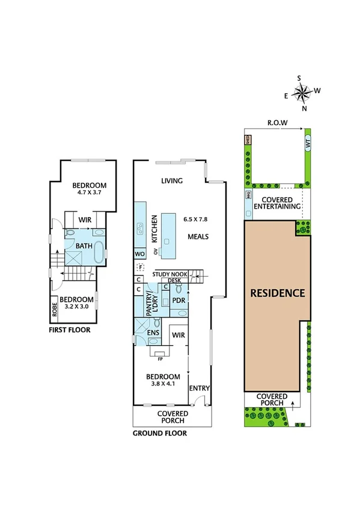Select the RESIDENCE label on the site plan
point(278,293)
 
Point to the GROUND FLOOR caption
point(159,432)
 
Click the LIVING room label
point(172,181)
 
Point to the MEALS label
point(197,236)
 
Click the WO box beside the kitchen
point(139,253)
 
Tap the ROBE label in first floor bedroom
point(54,306)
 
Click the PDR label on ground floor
point(178,300)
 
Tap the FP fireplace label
point(160,359)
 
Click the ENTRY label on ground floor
point(199,389)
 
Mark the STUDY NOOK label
point(171,274)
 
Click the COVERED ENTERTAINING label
point(276,203)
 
